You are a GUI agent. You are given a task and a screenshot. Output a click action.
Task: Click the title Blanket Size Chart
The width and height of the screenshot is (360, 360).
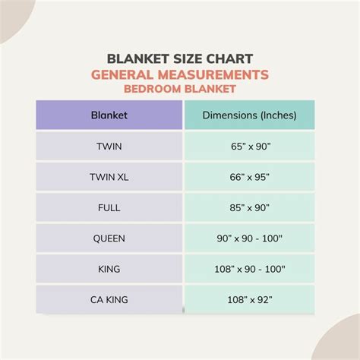pos(180,59)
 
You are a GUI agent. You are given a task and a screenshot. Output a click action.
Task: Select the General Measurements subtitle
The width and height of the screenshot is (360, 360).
pos(180,74)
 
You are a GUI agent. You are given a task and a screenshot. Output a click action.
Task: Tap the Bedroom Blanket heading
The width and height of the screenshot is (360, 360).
pos(180,89)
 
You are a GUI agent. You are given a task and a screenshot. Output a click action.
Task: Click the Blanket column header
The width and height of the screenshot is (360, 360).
pos(109,115)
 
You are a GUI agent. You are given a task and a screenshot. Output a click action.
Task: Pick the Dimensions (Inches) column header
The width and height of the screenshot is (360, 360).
pos(248,115)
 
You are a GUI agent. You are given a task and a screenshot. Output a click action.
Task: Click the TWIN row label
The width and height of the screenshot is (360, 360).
pos(109,146)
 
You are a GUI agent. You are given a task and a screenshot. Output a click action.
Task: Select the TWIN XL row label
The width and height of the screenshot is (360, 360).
pos(109,177)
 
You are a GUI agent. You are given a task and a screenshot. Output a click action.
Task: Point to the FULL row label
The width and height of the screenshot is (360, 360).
pos(109,207)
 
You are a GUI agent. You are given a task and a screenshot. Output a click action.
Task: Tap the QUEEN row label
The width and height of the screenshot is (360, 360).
pos(109,238)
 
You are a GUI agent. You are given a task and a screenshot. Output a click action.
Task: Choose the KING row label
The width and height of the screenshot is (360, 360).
pos(109,268)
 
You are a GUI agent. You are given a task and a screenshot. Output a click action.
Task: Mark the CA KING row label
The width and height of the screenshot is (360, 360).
pos(109,298)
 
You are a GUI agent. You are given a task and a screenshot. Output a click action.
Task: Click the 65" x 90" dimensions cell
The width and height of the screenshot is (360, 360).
pos(248,146)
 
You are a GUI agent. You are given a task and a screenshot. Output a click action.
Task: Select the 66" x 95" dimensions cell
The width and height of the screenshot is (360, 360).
pos(248,177)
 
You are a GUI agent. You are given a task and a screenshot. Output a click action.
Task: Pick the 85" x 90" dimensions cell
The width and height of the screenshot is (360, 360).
pos(248,207)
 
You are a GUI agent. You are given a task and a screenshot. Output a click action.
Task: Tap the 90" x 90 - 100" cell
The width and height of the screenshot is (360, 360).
pos(248,238)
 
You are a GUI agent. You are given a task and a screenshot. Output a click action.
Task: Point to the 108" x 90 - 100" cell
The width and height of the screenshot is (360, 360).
pos(248,268)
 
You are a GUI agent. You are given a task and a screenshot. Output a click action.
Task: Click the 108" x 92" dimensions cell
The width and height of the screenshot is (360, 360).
pos(248,298)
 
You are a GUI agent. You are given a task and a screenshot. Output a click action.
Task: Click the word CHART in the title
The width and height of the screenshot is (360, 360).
pos(229,59)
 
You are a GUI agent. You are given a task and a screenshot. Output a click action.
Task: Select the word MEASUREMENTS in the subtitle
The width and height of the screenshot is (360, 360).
pos(216,74)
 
